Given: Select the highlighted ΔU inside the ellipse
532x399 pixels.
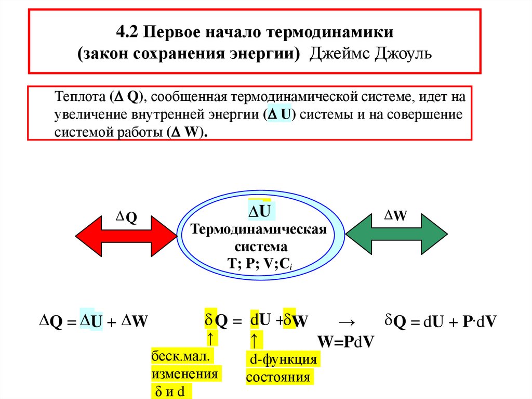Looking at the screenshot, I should pos(260,212).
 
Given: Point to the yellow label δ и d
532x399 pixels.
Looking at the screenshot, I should pos(170,391).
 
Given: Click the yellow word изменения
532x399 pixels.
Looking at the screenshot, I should pos(184,375).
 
